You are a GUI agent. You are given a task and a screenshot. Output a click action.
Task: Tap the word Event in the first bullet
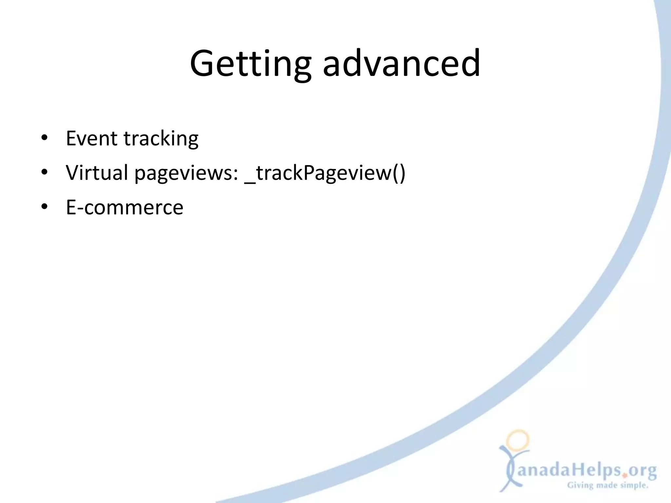coord(91,138)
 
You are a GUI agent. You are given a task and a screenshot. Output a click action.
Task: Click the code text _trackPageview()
coord(325,173)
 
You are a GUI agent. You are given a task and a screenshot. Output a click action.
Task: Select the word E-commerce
coord(125,208)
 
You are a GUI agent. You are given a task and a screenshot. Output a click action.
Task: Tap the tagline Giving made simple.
coord(607,485)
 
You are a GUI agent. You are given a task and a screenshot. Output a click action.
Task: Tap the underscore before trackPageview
coord(250,181)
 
